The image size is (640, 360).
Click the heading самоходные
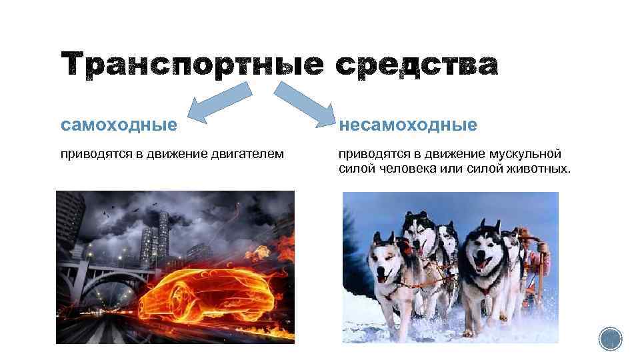point(119,125)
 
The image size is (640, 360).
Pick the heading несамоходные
point(408,125)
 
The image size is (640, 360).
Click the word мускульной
point(527,155)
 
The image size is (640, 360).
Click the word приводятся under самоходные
point(91,155)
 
